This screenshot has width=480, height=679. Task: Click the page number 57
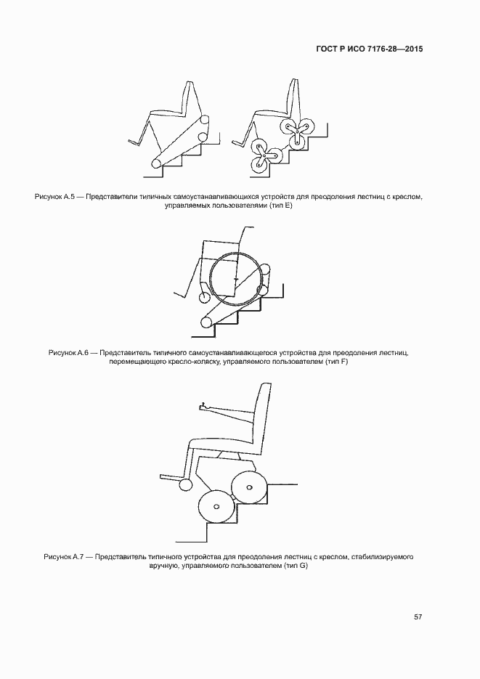tap(418, 617)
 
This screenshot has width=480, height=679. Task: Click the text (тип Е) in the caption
tap(277, 206)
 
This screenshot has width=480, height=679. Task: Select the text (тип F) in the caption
tap(334, 362)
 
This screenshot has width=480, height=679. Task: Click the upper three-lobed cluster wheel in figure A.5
tap(296, 128)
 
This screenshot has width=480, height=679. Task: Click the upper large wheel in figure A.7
tap(250, 485)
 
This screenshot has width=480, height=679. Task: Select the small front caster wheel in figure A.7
tap(186, 484)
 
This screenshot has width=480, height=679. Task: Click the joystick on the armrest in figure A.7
tap(203, 404)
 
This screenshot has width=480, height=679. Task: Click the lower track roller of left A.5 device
tap(155, 165)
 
